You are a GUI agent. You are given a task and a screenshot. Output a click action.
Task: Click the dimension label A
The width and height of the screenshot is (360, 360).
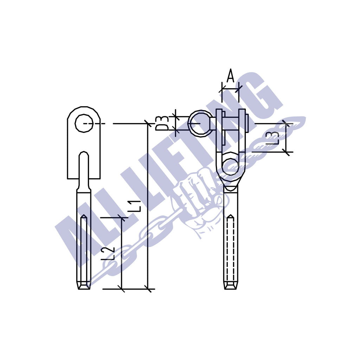pos(230,76)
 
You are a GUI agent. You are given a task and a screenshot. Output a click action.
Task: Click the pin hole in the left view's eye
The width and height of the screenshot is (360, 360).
pos(84,123)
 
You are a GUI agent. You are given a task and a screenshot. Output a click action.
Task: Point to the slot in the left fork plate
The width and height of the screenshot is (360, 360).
pos(84,167)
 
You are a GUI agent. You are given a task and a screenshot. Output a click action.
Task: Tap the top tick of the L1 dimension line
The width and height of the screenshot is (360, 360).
pos(148,123)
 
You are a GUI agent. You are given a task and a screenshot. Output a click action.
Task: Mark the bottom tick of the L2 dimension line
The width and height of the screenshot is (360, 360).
pos(121,289)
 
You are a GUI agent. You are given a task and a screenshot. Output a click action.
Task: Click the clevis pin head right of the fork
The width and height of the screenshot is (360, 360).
pos(247,123)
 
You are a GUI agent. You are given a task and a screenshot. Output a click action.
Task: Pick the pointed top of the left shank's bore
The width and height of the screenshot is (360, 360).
pos(84,217)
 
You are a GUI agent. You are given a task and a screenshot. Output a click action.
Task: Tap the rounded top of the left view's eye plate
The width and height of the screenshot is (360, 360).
pos(84,108)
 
